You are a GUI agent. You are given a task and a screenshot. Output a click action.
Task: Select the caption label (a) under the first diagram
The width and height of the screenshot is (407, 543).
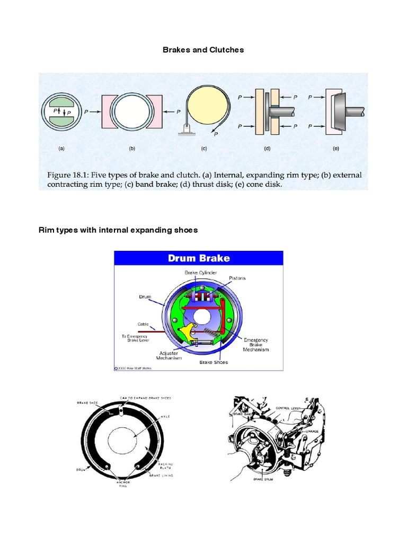[x=61, y=149]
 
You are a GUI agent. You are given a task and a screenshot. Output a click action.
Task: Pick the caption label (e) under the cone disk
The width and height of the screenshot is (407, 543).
[x=335, y=149]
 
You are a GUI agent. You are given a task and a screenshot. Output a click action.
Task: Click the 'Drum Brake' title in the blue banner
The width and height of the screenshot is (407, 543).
[x=199, y=258]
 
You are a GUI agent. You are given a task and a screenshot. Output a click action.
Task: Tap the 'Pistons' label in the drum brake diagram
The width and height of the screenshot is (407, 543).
[x=237, y=277]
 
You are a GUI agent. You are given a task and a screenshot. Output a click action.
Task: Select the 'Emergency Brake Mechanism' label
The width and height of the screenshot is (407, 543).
[x=256, y=345]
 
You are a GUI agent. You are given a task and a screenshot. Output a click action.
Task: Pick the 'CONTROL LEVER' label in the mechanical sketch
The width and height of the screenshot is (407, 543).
[x=288, y=407]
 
